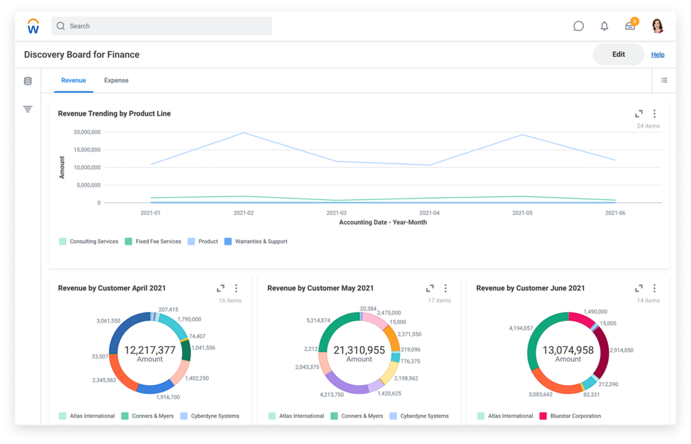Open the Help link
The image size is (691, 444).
coord(658,55)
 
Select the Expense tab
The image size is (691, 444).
coord(116,80)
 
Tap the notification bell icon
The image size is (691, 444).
coord(604,26)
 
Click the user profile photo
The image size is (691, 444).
coord(658,26)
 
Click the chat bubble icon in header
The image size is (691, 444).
coord(579,26)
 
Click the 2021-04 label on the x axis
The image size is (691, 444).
coord(430,213)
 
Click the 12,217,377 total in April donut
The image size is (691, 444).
coord(150,350)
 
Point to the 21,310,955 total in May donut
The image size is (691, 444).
coord(359,350)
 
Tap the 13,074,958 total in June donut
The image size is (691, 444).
coord(568,350)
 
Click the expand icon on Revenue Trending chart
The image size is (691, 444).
coord(639,114)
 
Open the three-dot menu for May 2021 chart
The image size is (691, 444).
coord(445,288)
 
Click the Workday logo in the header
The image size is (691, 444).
coord(33,26)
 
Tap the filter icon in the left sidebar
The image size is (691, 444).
coord(28,109)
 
